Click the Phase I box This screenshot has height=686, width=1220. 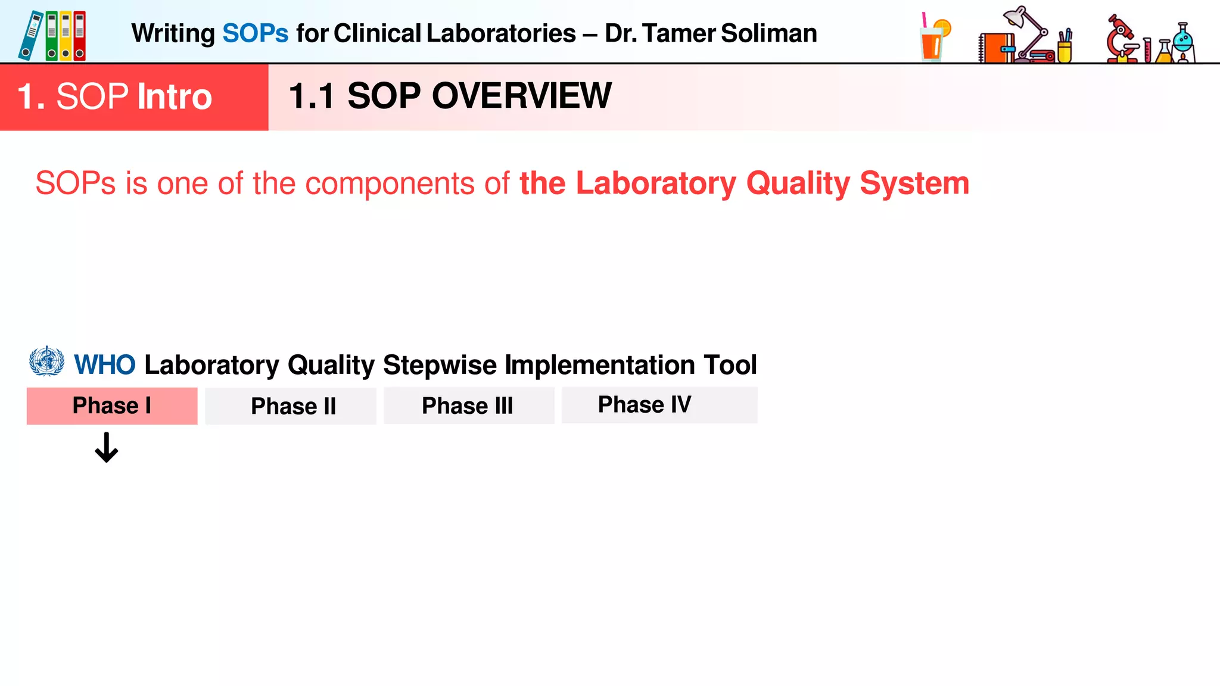point(112,406)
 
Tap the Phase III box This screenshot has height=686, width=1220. point(469,406)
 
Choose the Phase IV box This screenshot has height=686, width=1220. point(659,405)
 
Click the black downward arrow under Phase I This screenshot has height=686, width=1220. point(107,448)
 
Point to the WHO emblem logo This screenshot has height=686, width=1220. point(46,361)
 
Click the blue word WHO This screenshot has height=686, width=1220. point(105,365)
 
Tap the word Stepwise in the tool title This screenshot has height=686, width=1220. point(440,365)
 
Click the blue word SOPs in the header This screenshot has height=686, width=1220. point(255,33)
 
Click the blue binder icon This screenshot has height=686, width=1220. point(30,36)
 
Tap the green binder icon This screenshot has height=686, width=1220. point(52,36)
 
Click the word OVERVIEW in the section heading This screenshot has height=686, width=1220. point(521,96)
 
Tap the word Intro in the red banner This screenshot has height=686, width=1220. point(174,96)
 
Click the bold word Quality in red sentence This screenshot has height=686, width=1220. point(798,183)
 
